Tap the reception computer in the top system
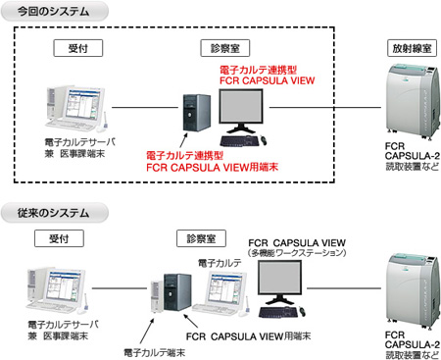tap(73, 107)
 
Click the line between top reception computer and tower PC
tap(142, 108)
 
